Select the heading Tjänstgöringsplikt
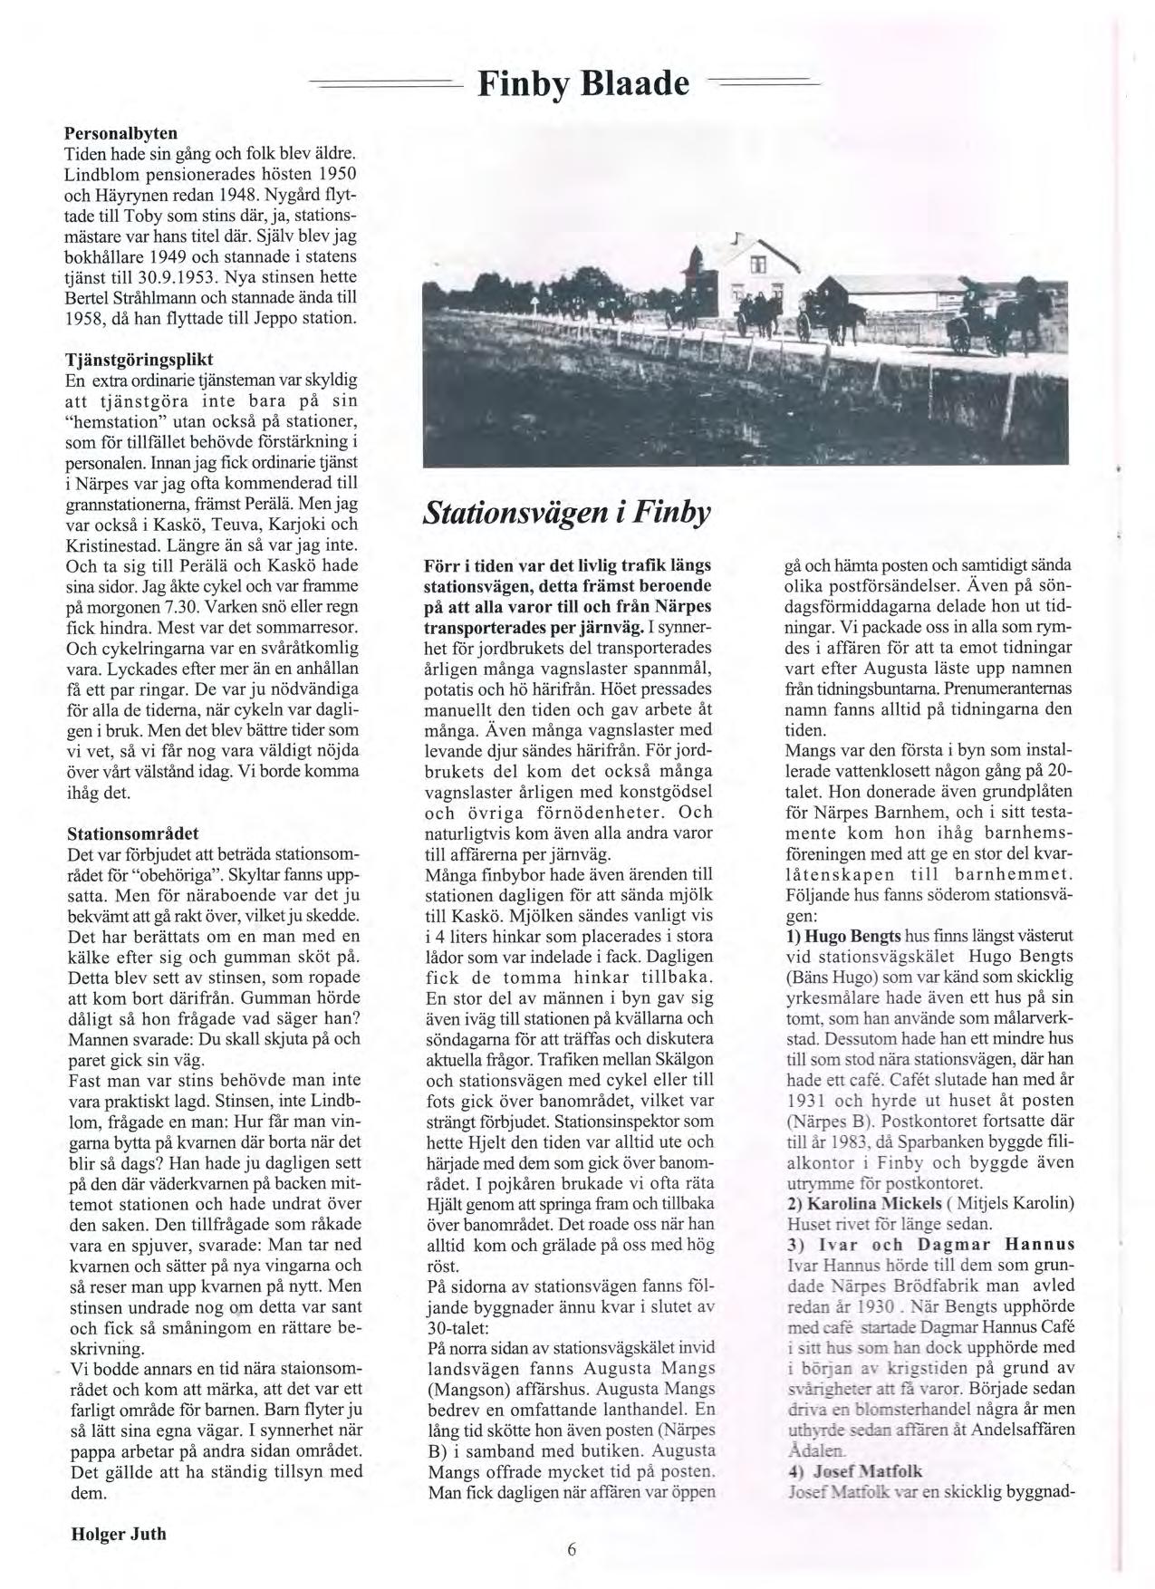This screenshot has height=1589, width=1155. point(133,357)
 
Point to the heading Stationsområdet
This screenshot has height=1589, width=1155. point(133,832)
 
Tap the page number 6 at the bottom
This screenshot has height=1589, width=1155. point(572,1548)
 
